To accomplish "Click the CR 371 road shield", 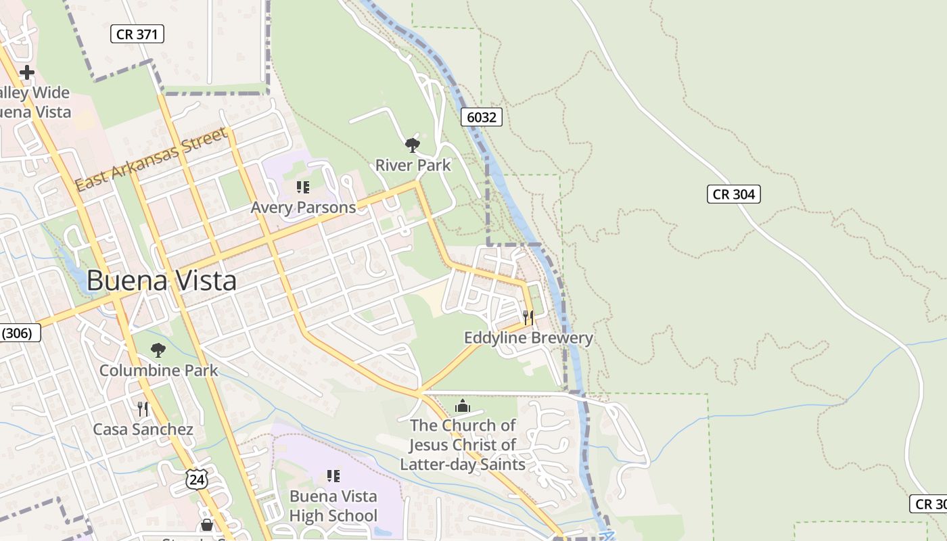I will (137, 34).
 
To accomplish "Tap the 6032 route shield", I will (482, 117).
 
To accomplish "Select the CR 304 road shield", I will (734, 194).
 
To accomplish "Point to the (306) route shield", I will (19, 333).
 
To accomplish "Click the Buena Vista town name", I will (162, 281).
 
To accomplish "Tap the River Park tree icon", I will (412, 145).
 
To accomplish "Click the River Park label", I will (413, 165).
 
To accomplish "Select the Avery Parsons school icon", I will (303, 187).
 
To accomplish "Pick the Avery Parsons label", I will (303, 208).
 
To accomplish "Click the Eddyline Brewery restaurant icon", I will (528, 317).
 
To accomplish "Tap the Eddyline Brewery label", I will (528, 337).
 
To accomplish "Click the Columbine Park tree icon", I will (158, 350).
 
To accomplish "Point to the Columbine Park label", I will (159, 371).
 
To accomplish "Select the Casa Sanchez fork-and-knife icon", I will (143, 408).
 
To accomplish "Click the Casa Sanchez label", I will (143, 429).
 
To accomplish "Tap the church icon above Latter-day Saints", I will (463, 406).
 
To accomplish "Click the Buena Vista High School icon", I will (333, 476).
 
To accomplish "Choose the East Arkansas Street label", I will (151, 160).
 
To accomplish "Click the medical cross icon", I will (27, 72).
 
